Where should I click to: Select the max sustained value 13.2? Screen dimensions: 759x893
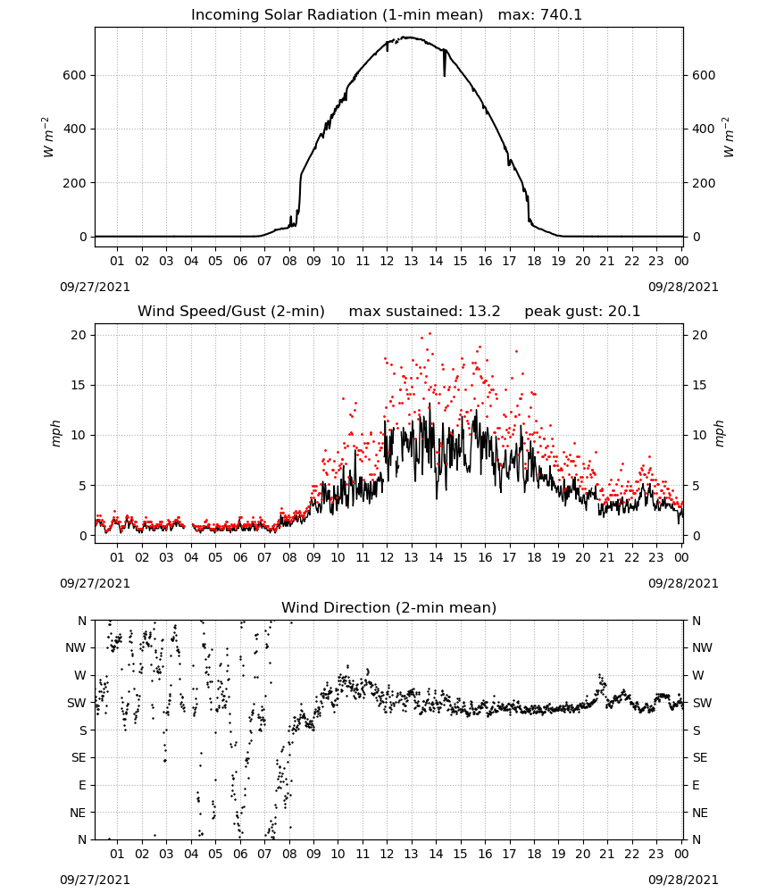coord(484,311)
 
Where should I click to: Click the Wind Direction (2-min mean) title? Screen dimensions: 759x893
coord(389,607)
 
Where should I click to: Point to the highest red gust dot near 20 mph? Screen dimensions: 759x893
coord(430,334)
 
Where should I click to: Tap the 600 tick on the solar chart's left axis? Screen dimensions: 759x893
coord(75,75)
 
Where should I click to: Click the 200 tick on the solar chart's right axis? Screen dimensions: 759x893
coord(704,183)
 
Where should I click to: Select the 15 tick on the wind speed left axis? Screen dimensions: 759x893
coord(79,385)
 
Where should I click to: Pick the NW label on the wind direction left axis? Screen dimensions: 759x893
coord(76,647)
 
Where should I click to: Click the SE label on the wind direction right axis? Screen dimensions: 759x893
coord(700,757)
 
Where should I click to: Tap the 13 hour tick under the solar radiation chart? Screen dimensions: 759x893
coord(411,261)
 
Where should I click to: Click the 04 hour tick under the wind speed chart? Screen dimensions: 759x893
coord(191,557)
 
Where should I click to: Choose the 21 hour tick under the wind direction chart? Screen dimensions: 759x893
coord(607,854)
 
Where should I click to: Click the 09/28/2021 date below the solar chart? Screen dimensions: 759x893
coord(683,287)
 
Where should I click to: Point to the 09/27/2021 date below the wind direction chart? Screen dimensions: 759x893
coord(95,880)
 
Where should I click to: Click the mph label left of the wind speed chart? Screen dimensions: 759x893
coord(55,433)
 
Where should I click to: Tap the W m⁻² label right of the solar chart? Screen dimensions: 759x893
coord(729,138)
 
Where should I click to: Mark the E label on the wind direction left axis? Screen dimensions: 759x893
coord(82,785)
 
